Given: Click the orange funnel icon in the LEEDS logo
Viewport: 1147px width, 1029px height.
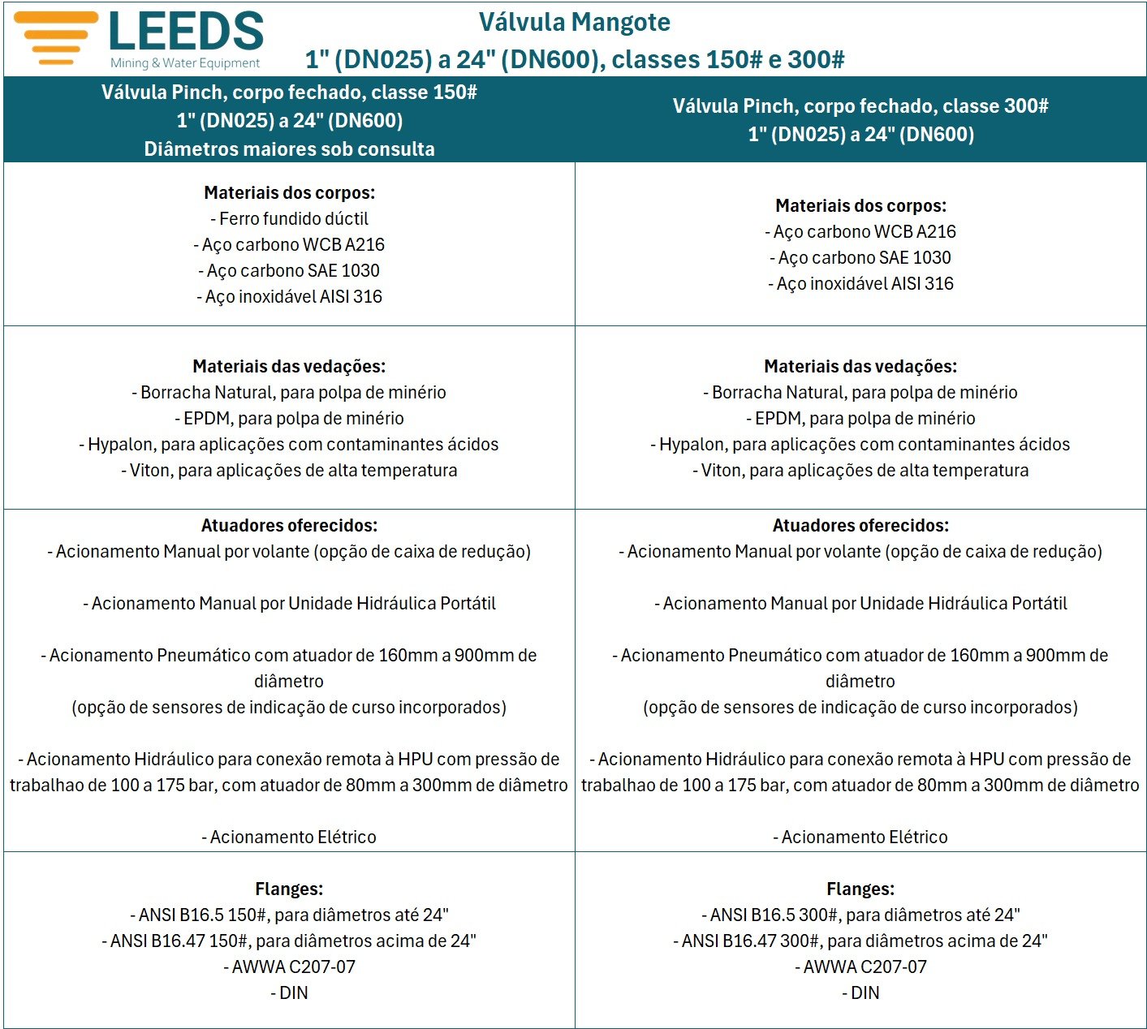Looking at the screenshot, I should tap(55, 37).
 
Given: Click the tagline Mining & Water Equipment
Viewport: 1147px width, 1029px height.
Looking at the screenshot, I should tap(185, 63).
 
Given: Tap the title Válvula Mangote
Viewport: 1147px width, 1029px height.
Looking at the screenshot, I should tap(574, 22).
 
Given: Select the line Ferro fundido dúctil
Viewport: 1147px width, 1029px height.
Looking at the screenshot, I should tap(289, 218).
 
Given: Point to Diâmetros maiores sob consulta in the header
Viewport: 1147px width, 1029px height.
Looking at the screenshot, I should tap(289, 149).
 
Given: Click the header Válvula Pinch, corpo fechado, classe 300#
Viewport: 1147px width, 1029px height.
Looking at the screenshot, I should tap(860, 105).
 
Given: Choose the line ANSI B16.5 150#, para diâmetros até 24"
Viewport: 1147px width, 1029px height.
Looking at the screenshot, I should tap(289, 915).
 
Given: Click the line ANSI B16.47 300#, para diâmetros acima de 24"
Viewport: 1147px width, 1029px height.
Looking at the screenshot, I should tap(860, 941).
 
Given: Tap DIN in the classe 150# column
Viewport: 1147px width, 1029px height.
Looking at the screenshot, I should tap(289, 992).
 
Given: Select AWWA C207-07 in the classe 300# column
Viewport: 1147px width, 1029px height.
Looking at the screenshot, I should tap(860, 967).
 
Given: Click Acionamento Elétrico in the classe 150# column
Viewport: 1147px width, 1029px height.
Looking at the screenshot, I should tap(289, 837).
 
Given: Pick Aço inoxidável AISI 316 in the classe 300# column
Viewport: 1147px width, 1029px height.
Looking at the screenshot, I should tap(860, 283).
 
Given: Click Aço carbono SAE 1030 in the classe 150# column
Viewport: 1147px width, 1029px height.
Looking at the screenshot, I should tap(289, 270).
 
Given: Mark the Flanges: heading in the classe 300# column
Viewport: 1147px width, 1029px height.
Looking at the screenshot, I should tap(860, 889).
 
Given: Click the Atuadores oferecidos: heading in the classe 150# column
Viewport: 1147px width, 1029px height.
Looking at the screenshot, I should tap(289, 525).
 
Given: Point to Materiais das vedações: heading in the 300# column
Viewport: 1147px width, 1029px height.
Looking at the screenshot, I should tap(860, 366).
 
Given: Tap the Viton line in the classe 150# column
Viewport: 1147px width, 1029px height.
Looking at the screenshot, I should tap(289, 470).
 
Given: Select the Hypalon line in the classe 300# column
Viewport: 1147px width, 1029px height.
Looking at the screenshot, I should tap(860, 444).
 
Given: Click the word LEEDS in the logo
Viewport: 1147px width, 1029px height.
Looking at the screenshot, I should tap(186, 32).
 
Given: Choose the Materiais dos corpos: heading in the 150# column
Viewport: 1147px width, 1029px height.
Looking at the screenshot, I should tap(289, 192).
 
